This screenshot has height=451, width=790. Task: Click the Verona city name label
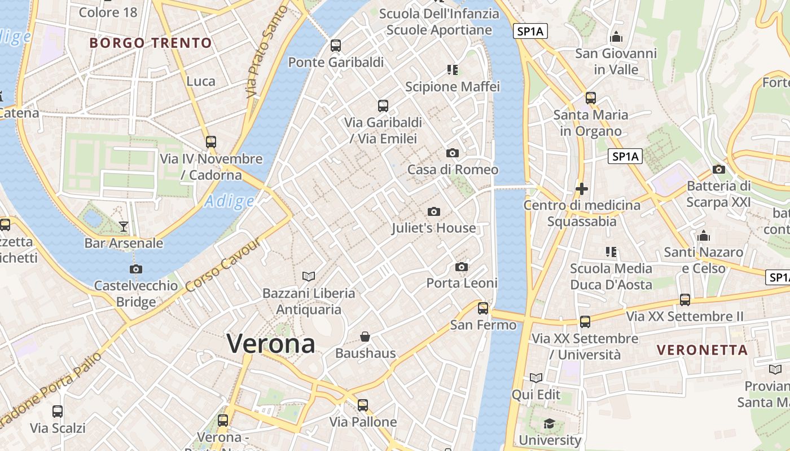pyautogui.click(x=271, y=343)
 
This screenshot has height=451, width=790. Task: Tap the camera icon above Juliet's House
pyautogui.click(x=433, y=211)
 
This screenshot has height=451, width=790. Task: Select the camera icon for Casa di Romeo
pyautogui.click(x=452, y=153)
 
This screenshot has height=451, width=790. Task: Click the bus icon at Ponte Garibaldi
pyautogui.click(x=336, y=45)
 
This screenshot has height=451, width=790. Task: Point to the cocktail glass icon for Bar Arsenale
pyautogui.click(x=124, y=227)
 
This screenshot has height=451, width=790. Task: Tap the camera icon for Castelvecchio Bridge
pyautogui.click(x=135, y=269)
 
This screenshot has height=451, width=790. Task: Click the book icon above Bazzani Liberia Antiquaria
pyautogui.click(x=309, y=276)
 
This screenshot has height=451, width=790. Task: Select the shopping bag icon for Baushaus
pyautogui.click(x=365, y=337)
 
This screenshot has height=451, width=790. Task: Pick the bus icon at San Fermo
pyautogui.click(x=483, y=308)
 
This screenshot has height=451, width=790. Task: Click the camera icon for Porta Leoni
pyautogui.click(x=462, y=267)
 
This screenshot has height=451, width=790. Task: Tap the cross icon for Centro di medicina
pyautogui.click(x=582, y=188)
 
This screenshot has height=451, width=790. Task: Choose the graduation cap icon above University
pyautogui.click(x=549, y=423)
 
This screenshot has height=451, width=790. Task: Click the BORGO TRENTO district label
pyautogui.click(x=151, y=43)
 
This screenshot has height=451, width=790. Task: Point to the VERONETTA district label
pyautogui.click(x=703, y=350)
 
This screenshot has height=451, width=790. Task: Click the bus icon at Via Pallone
pyautogui.click(x=363, y=405)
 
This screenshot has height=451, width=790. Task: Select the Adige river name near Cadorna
pyautogui.click(x=230, y=201)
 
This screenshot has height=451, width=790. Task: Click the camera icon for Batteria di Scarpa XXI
pyautogui.click(x=719, y=169)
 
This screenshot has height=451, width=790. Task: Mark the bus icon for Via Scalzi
pyautogui.click(x=58, y=411)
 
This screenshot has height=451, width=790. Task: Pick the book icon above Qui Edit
pyautogui.click(x=536, y=378)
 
